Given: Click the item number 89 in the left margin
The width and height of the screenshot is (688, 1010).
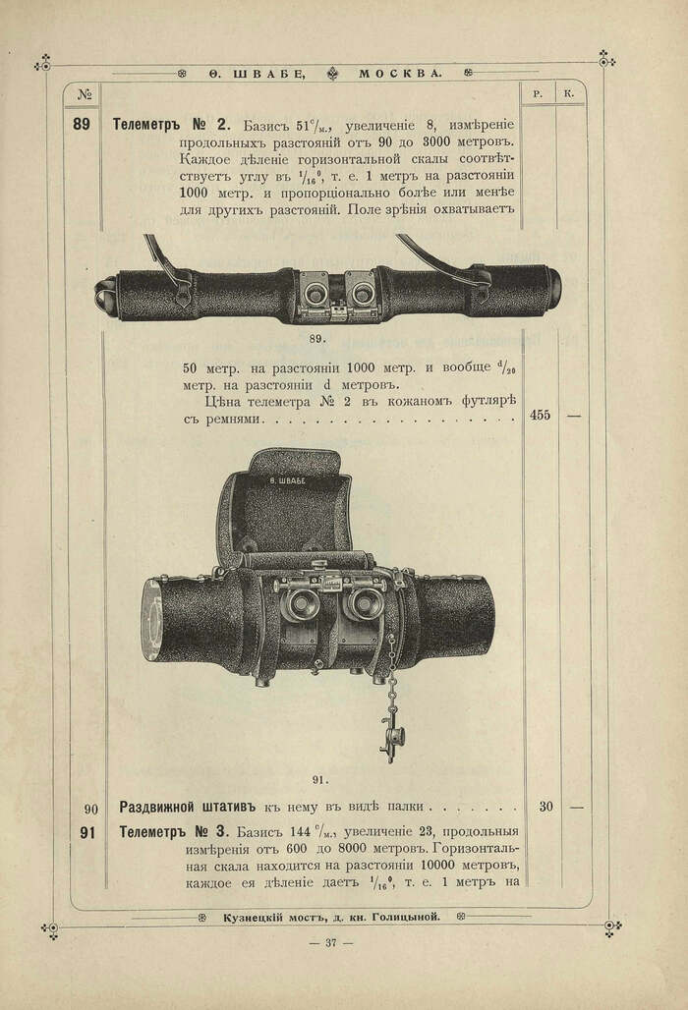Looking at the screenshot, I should pos(83,125).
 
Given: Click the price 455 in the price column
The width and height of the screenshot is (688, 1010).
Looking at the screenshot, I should pos(540,415).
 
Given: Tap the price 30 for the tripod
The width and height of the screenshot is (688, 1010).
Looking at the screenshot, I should pos(545,808).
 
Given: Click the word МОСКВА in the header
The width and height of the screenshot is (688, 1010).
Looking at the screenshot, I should pos(399,74).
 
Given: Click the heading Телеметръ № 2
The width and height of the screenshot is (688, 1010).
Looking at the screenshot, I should pos(171,125).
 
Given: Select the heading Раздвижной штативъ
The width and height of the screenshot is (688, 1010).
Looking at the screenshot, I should pos(190,808).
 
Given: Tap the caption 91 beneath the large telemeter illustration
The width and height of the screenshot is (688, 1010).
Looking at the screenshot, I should pos(319,779).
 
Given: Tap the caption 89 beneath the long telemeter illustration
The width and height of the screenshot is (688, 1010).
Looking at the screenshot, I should pos(316,338).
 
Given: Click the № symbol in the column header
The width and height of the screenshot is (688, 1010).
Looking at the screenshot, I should pos(84,94).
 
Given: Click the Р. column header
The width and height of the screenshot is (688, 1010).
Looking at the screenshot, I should pos(539,94).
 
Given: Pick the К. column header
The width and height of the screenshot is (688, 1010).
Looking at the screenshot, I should pos(570,94).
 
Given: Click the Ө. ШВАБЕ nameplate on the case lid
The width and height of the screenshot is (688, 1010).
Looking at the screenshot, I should pos(286,480).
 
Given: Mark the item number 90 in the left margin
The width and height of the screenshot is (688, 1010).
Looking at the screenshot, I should pos(90,809).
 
